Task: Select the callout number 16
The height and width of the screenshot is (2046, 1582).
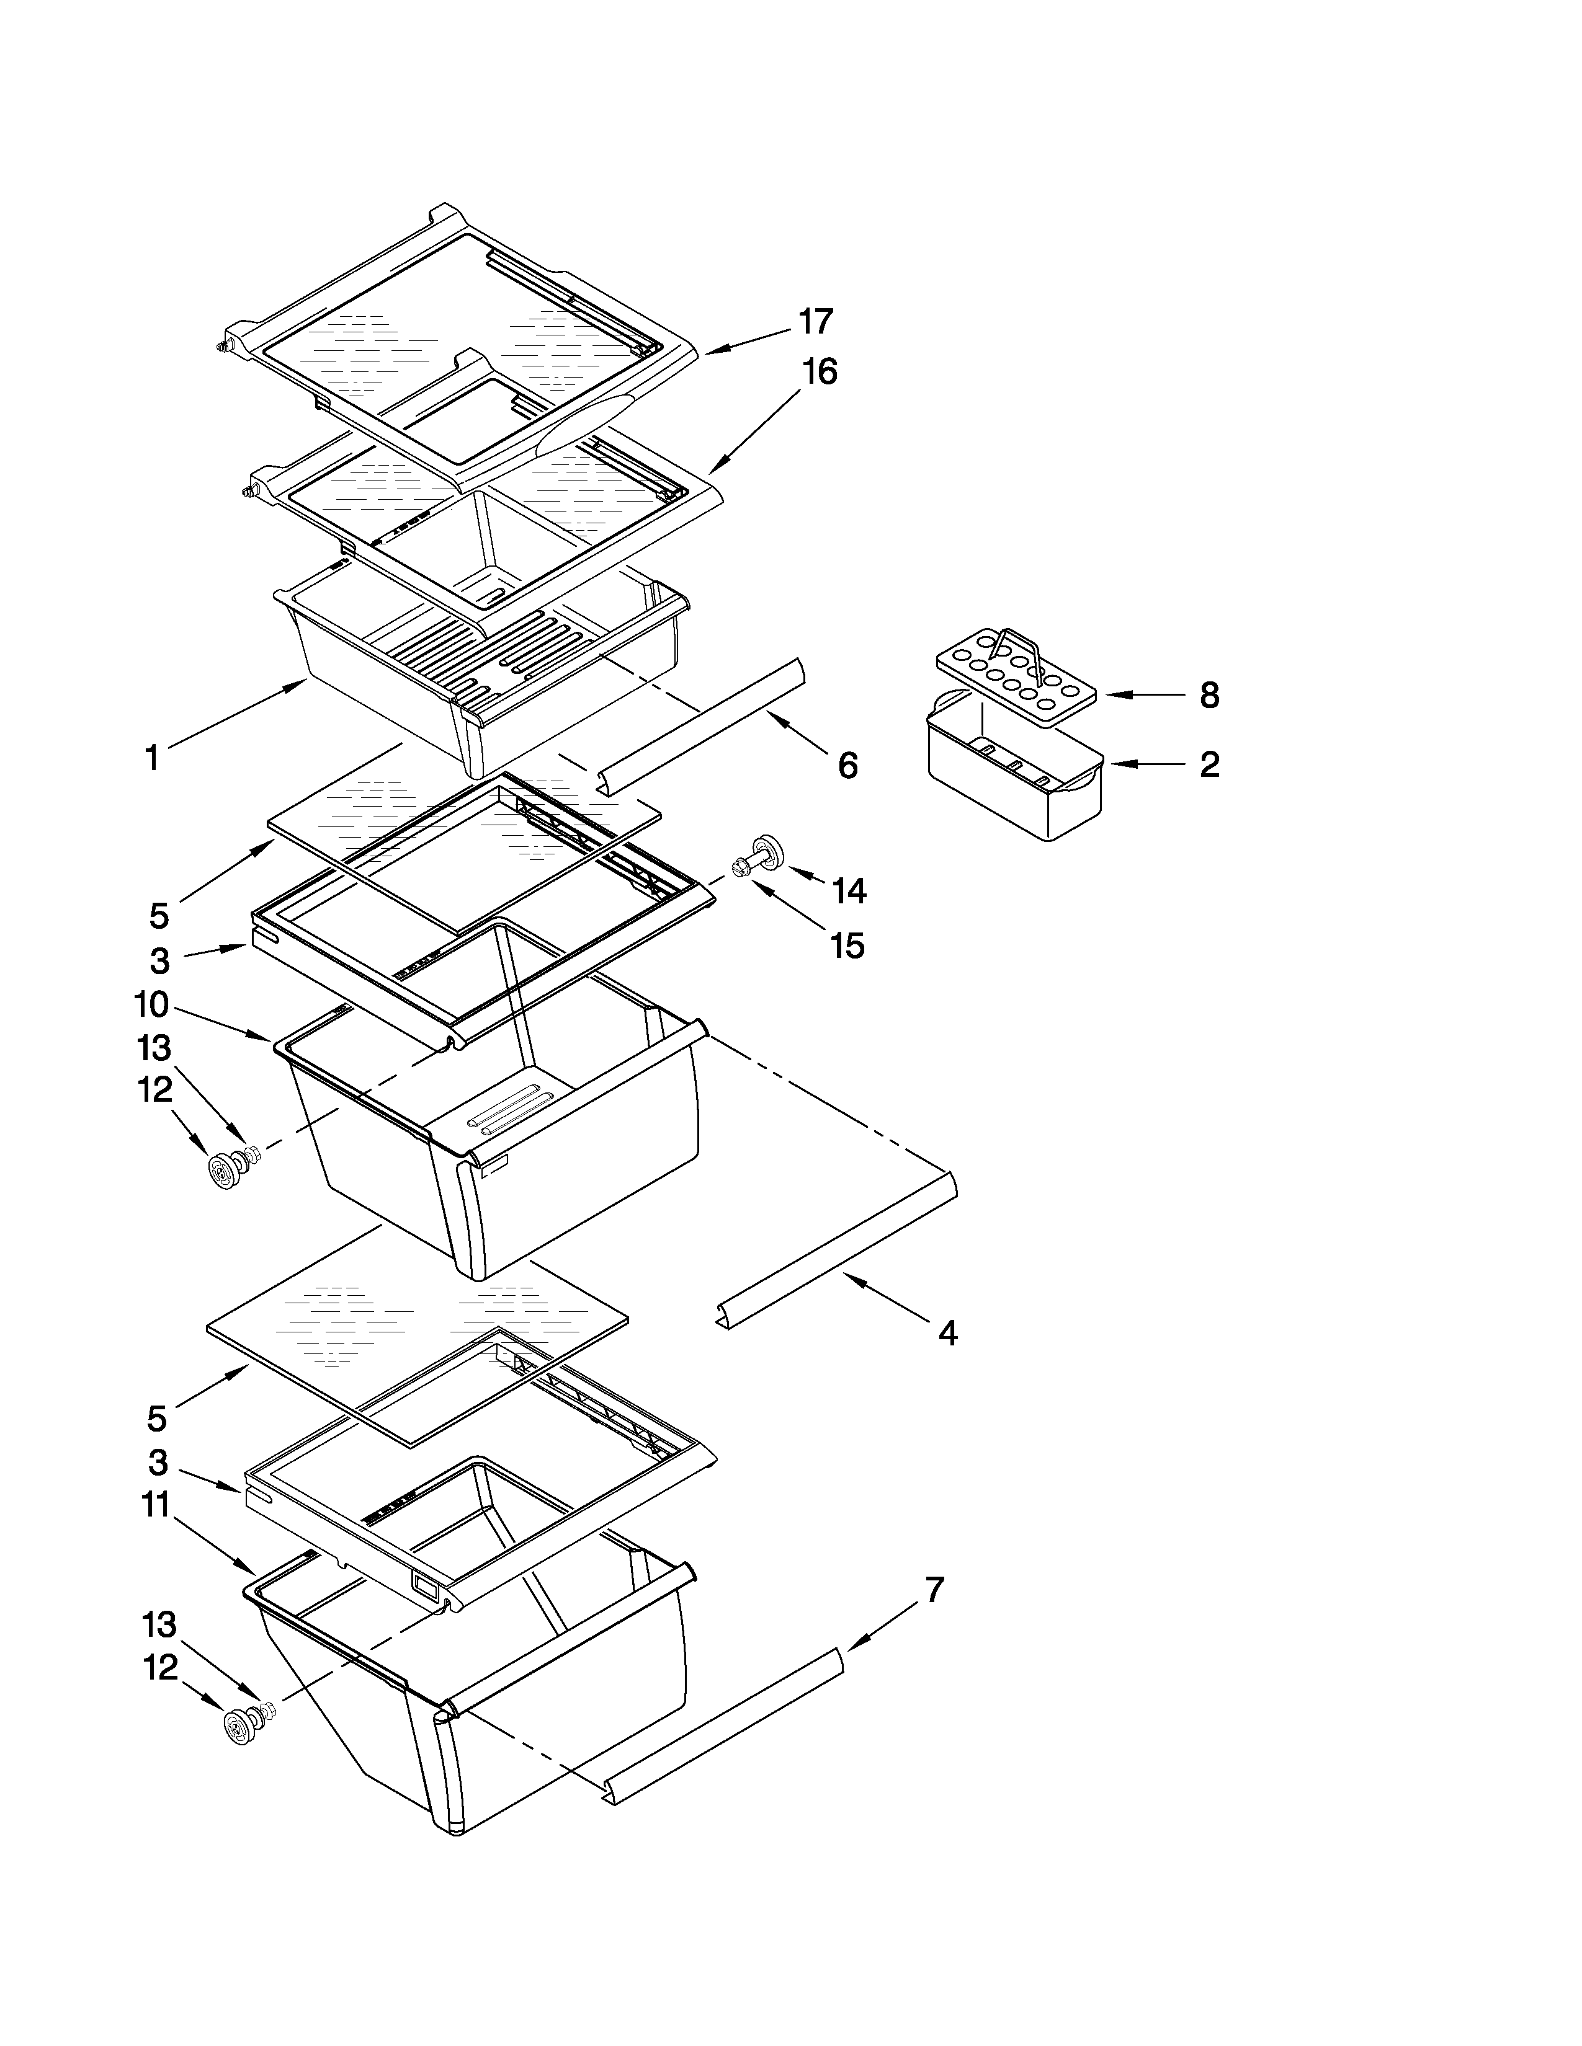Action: [818, 372]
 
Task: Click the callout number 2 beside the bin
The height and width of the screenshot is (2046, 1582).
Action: [1209, 764]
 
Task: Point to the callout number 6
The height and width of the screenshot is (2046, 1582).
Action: [847, 766]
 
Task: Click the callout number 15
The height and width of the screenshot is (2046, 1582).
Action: [847, 946]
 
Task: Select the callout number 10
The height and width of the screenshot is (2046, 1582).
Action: [151, 1005]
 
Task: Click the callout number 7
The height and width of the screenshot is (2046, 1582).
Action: [934, 1590]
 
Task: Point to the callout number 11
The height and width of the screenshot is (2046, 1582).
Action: [156, 1505]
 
